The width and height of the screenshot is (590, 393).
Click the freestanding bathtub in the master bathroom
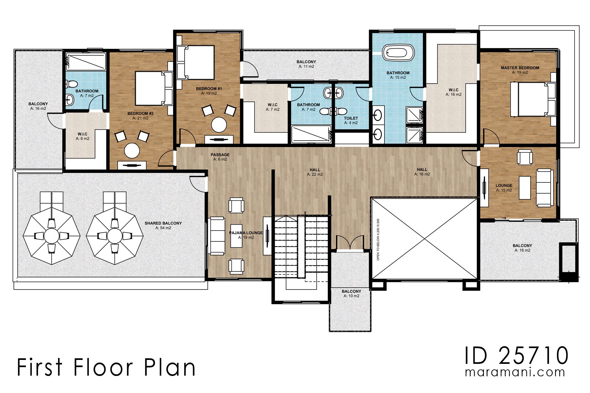pos(398,53)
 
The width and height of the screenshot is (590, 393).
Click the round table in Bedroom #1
pos(219,124)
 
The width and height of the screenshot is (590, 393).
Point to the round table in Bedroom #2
pos(132,150)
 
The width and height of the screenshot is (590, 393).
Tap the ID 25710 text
pos(516,356)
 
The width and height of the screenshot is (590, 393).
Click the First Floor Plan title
pos(106,367)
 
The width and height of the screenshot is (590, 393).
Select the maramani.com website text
pos(515,372)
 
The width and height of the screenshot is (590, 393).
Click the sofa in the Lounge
pos(544,188)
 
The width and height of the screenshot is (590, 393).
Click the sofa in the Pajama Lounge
pos(217,236)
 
